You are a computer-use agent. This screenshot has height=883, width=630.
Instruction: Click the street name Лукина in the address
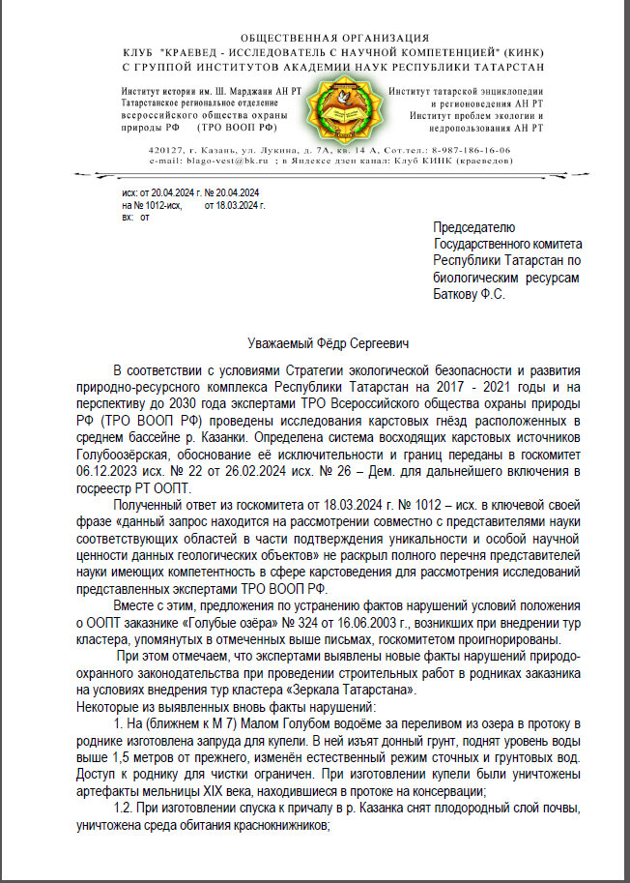click(x=291, y=151)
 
